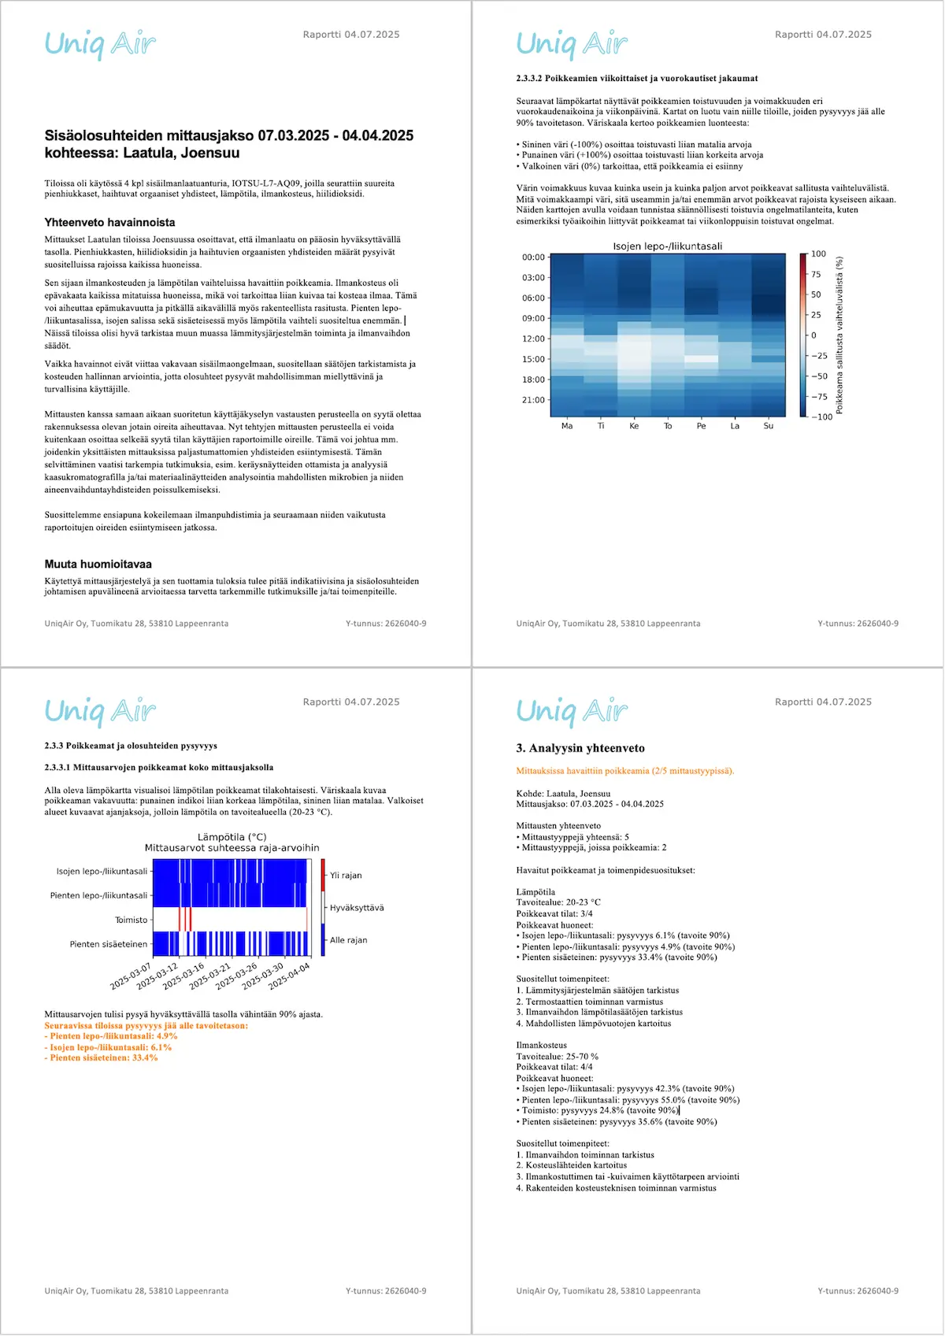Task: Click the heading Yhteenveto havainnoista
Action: coord(109,223)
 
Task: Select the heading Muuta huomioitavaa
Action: coord(98,564)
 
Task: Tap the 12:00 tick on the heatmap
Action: coord(533,339)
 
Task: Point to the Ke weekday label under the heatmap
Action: coord(634,426)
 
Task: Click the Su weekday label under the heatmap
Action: coord(769,426)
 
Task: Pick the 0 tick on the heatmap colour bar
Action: coord(814,335)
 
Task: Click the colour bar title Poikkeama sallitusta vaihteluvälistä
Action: coord(839,335)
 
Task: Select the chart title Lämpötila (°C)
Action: coord(232,837)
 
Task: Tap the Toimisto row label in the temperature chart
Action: coord(131,920)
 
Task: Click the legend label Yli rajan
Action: coord(346,876)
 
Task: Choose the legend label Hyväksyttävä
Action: coord(357,908)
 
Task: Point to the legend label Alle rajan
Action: coord(348,940)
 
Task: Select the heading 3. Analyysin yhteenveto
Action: coord(580,748)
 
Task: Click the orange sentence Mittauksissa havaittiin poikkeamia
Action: coord(624,771)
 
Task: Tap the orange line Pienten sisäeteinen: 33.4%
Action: coord(102,1057)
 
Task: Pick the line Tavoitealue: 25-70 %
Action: coord(557,1057)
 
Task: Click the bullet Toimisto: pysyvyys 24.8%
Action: coord(598,1110)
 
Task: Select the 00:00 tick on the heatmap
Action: coord(533,257)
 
